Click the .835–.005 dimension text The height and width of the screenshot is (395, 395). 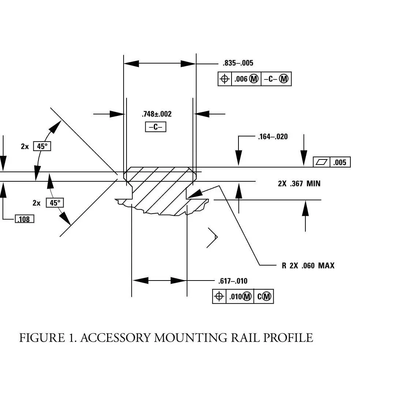[238, 63]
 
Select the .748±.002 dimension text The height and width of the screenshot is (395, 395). [157, 114]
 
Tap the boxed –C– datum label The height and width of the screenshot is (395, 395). [156, 127]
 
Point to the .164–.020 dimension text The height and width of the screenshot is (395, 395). [273, 137]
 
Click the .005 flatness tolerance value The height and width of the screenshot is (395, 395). [340, 162]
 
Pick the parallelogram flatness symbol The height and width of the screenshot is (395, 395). [321, 162]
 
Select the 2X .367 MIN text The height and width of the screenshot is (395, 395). [299, 184]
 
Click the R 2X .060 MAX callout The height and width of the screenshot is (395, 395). [308, 266]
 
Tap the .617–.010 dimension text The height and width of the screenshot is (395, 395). [233, 281]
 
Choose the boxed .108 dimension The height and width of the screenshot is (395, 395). [25, 219]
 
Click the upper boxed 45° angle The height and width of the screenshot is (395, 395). [42, 146]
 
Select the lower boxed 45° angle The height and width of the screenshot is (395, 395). [54, 203]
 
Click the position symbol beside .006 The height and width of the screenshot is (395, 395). [225, 79]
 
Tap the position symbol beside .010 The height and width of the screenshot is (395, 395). [219, 297]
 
